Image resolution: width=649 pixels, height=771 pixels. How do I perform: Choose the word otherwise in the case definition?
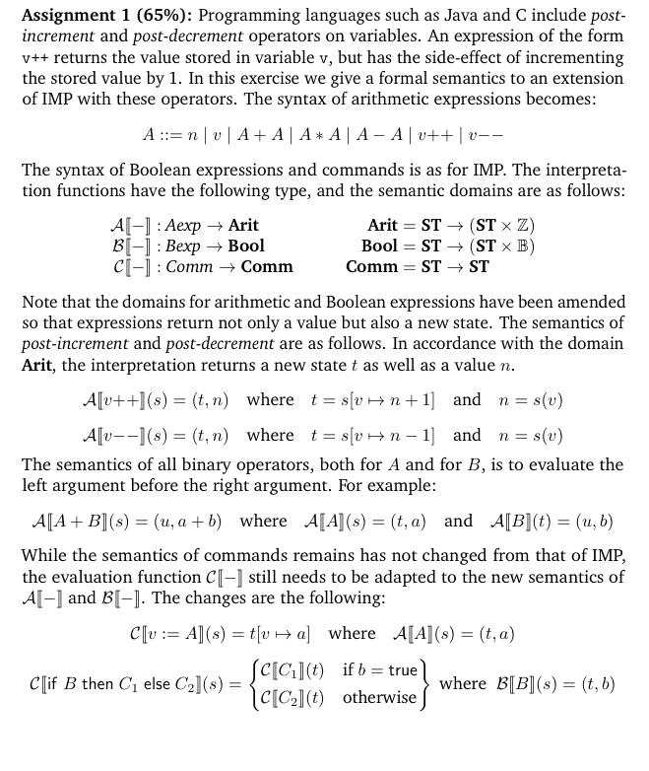pyautogui.click(x=380, y=698)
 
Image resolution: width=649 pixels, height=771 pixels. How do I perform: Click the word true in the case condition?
pyautogui.click(x=403, y=670)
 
